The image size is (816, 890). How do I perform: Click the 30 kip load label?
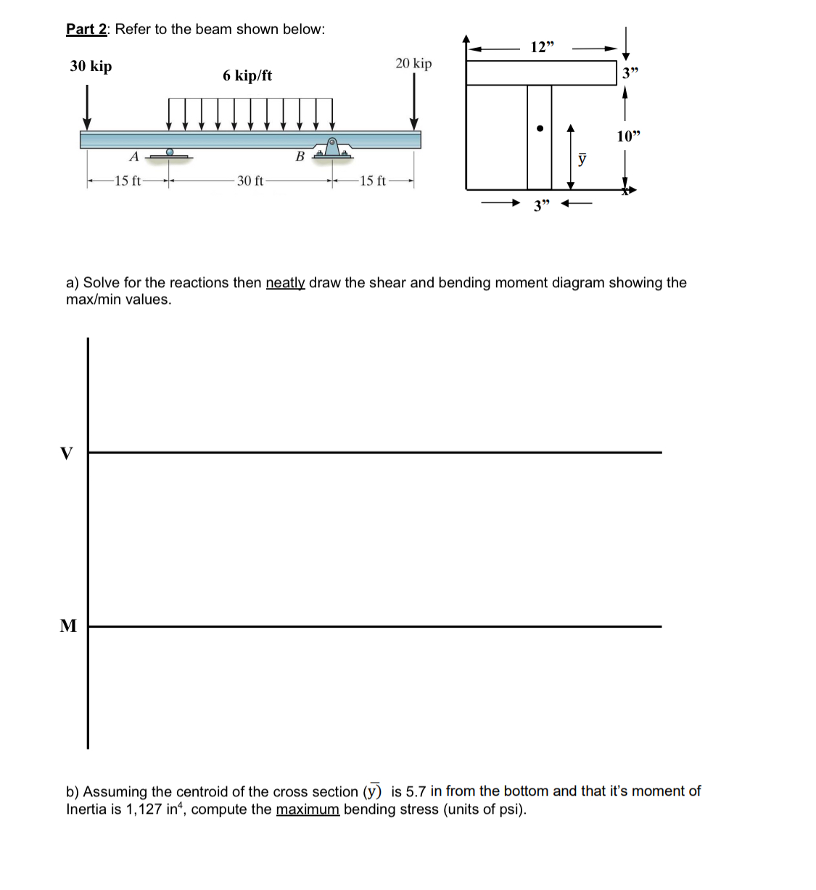tap(91, 66)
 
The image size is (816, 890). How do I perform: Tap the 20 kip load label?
tap(413, 64)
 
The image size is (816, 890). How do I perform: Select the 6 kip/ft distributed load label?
tap(247, 75)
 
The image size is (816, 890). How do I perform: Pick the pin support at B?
tap(332, 148)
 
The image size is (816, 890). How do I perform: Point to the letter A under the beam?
tap(133, 157)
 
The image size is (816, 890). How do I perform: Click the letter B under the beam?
tap(300, 157)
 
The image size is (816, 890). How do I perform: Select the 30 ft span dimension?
tap(250, 181)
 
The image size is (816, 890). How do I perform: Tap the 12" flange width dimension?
tap(542, 48)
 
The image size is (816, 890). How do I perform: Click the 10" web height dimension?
tap(628, 136)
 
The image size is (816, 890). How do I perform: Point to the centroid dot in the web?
tap(540, 129)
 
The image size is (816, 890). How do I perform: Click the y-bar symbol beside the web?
tap(582, 159)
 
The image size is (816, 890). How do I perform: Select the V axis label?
tap(67, 454)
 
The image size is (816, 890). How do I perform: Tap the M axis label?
tap(67, 626)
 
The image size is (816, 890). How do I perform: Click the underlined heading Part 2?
tap(87, 29)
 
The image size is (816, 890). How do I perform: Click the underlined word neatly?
tap(285, 283)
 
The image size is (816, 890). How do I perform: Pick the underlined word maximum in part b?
tap(308, 809)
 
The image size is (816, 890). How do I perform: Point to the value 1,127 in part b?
tap(140, 809)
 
